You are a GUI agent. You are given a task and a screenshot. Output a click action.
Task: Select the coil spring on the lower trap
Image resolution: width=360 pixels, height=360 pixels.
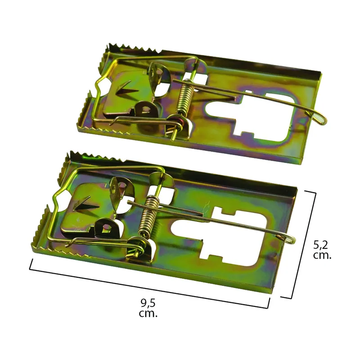pos(149,216)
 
